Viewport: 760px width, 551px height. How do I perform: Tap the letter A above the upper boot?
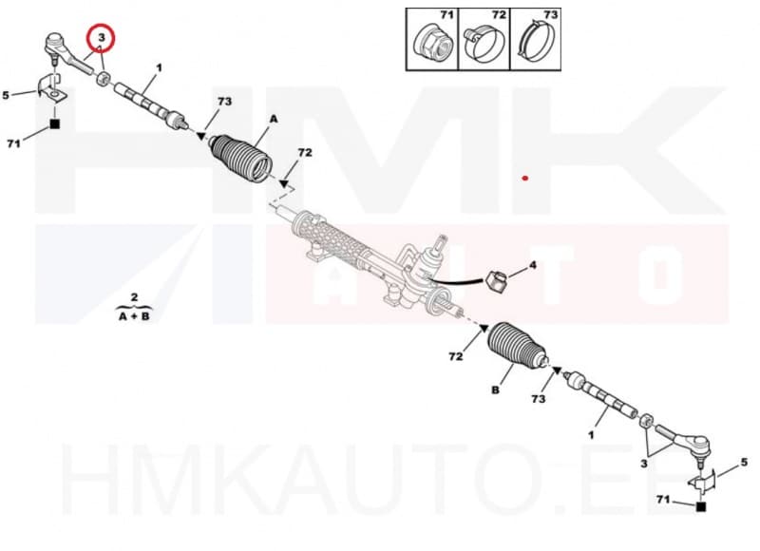(273, 118)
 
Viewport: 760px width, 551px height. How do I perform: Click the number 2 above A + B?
(135, 297)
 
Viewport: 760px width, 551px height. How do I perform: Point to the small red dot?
(524, 178)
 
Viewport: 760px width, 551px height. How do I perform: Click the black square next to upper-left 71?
(55, 124)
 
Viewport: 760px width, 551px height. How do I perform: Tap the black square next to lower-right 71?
(701, 508)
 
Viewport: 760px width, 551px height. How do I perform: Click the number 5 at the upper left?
(6, 95)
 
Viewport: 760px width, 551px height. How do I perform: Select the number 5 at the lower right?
(745, 463)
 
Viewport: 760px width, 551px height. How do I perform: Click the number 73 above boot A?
(223, 102)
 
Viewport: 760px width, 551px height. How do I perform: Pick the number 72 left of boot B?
(456, 356)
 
